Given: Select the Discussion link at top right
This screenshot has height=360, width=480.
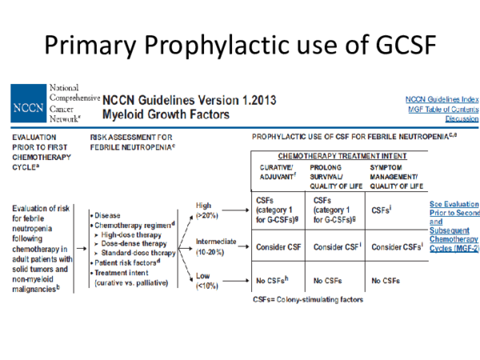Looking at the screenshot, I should (457, 117).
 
